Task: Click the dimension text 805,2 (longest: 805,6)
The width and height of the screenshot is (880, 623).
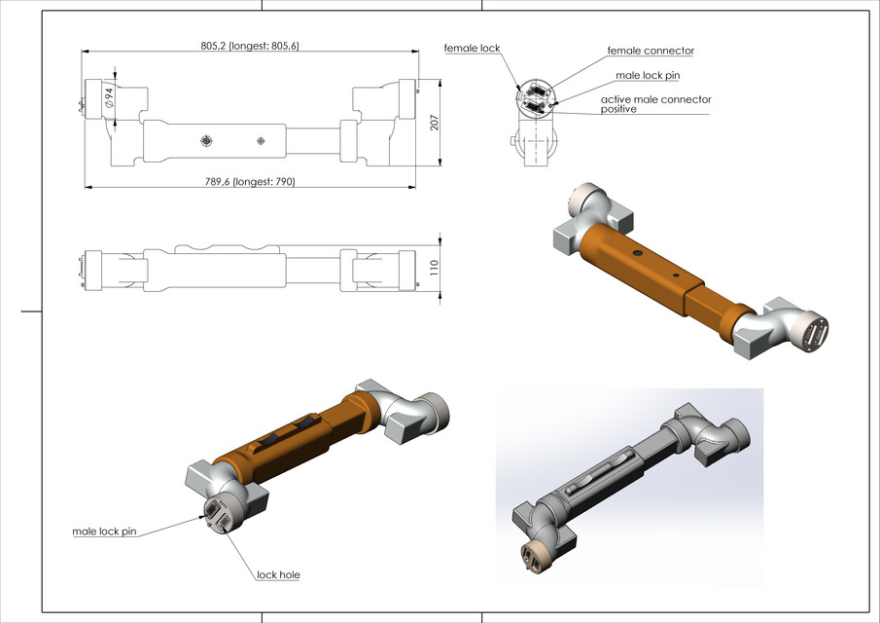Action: (249, 46)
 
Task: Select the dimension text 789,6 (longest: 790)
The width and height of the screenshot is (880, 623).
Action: (248, 181)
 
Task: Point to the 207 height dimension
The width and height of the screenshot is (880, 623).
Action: (436, 123)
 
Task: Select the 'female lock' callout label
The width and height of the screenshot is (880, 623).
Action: (472, 48)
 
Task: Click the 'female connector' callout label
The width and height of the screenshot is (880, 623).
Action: (651, 51)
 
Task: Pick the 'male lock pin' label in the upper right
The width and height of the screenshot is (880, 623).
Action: (653, 75)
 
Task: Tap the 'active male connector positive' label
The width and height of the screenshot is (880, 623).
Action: (655, 104)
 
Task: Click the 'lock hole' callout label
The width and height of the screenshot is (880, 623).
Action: (278, 574)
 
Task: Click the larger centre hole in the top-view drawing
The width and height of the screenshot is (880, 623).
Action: (206, 141)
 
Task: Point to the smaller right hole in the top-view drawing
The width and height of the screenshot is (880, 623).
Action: (261, 141)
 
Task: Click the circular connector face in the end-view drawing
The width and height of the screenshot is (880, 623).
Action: (536, 97)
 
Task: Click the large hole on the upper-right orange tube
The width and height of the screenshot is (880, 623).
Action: (638, 253)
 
